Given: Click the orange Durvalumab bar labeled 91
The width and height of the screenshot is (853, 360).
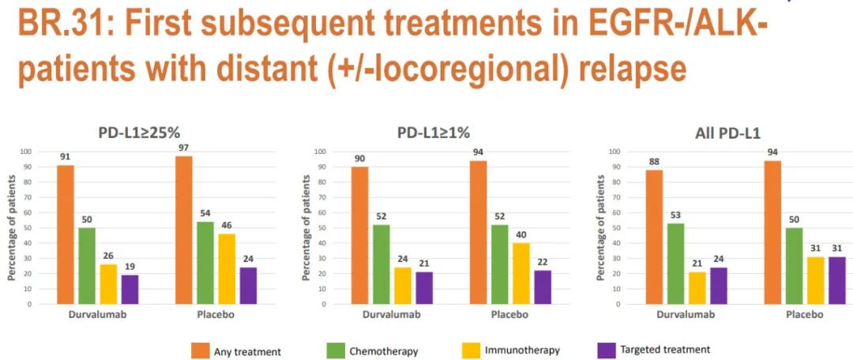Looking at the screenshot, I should [x=66, y=234].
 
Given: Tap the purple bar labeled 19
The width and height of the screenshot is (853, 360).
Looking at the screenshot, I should [x=129, y=289].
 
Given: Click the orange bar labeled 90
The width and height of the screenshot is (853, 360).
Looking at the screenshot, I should [x=360, y=235].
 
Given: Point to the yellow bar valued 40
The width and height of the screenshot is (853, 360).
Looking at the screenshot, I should [x=521, y=273].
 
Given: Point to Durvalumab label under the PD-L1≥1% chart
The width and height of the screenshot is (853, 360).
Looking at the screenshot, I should [x=391, y=314].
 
